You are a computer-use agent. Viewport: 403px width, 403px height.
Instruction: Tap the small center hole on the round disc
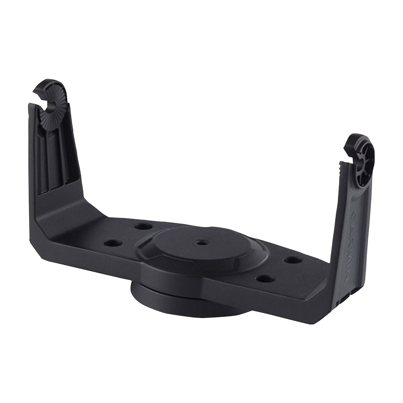202,243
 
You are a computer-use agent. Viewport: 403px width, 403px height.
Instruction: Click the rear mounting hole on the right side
292,260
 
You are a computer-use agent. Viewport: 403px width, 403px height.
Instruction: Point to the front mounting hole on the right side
265,279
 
